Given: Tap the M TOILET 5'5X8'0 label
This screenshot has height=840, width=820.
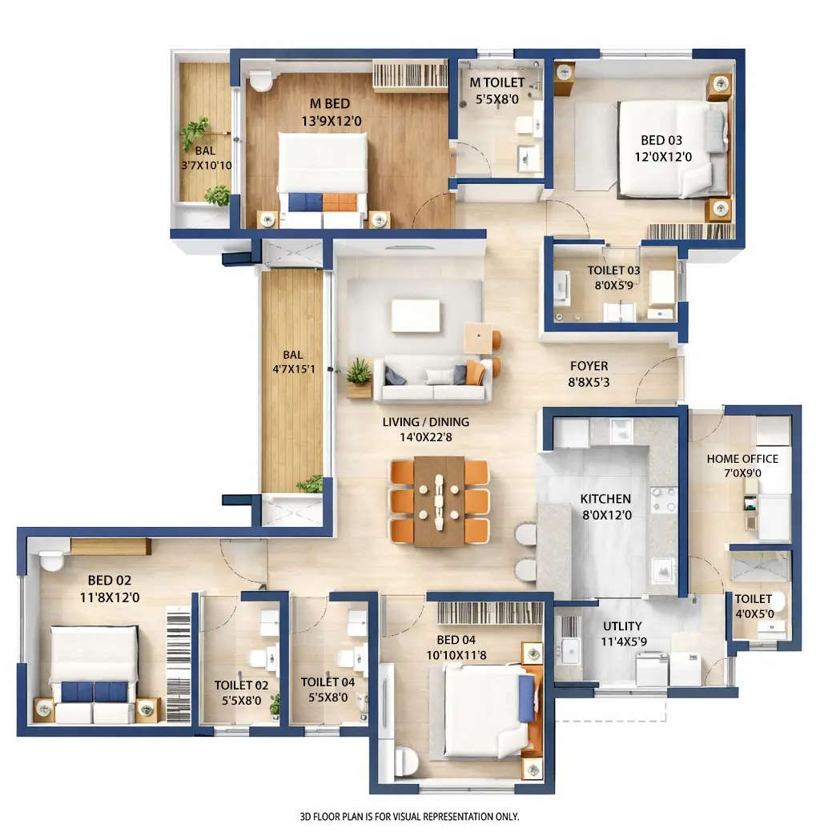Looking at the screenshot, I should click(496, 89).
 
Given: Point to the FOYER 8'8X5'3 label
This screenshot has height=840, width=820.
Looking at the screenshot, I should click(589, 374).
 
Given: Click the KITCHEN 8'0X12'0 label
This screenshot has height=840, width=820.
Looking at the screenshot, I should click(605, 507).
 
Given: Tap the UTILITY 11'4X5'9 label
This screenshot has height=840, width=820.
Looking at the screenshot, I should click(623, 633).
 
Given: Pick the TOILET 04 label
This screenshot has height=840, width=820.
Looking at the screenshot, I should click(328, 689).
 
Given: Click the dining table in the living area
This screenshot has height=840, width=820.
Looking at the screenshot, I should click(439, 501).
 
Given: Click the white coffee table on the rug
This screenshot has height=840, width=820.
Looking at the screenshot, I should click(415, 315).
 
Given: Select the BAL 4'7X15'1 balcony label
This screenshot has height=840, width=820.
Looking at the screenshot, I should click(292, 363).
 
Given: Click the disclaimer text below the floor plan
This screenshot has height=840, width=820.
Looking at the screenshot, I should click(409, 817).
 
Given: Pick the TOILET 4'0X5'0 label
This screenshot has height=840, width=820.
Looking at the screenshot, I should click(754, 606).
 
